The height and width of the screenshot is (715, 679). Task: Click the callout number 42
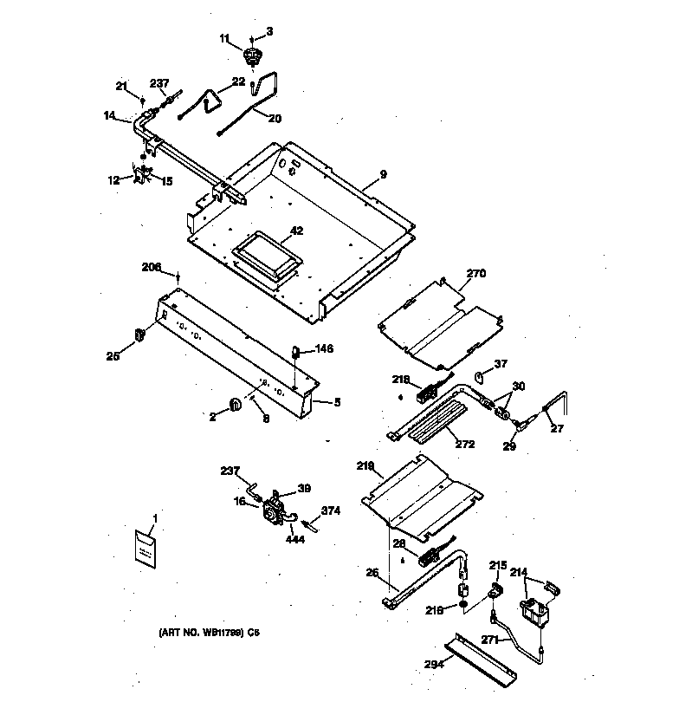[x=296, y=231]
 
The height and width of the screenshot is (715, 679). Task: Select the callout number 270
[x=476, y=273]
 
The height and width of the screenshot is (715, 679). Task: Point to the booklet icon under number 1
[x=146, y=548]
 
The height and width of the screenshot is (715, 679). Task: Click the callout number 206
[x=152, y=267]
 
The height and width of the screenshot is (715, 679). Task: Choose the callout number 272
[x=465, y=444]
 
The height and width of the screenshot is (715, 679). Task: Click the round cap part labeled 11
[x=253, y=59]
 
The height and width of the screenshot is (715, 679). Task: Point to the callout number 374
[x=330, y=510]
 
